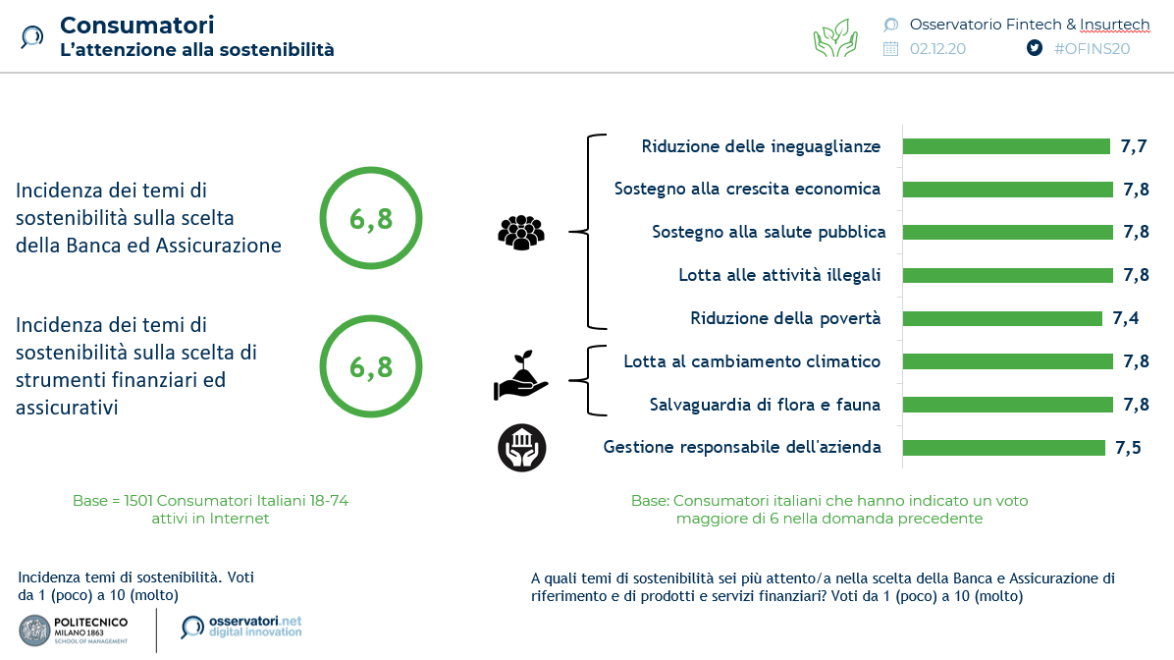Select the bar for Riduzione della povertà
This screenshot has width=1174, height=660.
(1001, 318)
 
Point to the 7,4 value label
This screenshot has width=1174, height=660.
(1125, 318)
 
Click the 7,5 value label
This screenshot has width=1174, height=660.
(1128, 448)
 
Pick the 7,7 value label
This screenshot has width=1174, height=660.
(1134, 146)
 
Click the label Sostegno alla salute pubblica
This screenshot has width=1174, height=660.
(769, 232)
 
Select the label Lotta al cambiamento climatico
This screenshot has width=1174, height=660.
(752, 361)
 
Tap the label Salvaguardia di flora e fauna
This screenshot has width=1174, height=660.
(765, 405)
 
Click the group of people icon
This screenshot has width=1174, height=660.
(521, 232)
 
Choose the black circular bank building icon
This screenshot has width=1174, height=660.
(521, 448)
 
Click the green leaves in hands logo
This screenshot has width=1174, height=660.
(835, 37)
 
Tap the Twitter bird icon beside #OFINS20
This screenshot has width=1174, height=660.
(1034, 48)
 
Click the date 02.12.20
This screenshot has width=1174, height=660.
(937, 48)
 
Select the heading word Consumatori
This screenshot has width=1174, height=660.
(136, 25)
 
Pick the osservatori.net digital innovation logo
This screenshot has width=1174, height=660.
(241, 627)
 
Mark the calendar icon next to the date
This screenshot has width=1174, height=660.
(890, 48)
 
